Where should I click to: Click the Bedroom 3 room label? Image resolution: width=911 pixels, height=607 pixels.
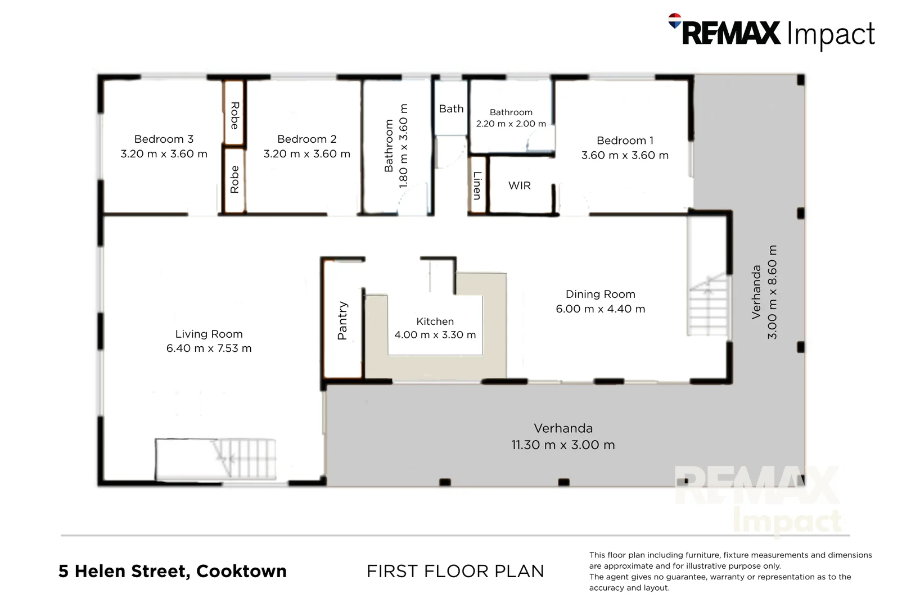tap(164, 139)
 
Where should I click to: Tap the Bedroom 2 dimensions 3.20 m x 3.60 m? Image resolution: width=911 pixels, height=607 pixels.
tap(306, 154)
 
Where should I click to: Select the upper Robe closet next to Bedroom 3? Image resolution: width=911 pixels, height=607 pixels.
tap(234, 115)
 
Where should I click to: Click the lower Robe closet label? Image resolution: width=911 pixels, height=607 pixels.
tap(234, 179)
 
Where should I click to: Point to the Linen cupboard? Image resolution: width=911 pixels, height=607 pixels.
tap(477, 185)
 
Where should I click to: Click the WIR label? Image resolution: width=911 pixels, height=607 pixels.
tap(519, 185)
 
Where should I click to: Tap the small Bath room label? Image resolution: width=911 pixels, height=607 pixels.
tap(451, 108)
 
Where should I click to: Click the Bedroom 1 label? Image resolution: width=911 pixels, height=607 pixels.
tap(625, 141)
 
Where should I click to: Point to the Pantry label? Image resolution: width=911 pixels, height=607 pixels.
tap(342, 320)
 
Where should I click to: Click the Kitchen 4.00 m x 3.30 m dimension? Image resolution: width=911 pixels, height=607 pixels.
tap(435, 335)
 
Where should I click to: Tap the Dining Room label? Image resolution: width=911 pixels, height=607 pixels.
tap(600, 294)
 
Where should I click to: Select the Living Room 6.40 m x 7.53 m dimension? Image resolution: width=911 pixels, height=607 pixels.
tap(209, 348)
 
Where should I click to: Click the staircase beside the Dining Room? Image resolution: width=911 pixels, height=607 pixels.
tap(707, 306)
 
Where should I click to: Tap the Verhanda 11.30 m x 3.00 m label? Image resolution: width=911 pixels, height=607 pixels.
tap(563, 437)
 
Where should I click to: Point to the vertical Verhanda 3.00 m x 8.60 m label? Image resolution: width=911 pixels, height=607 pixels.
tap(765, 292)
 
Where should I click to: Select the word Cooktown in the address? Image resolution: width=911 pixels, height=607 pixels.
tap(241, 571)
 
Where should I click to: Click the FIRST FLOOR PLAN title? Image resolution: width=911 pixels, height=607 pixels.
tap(455, 571)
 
